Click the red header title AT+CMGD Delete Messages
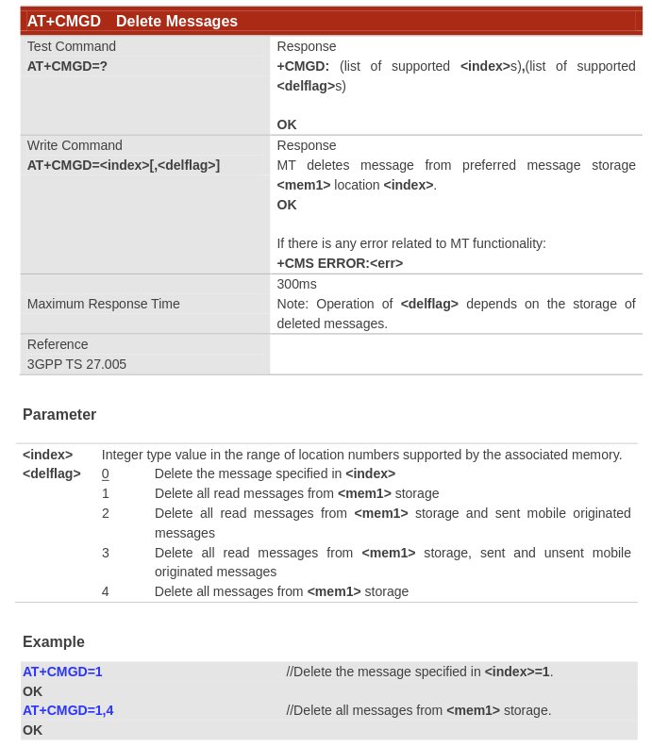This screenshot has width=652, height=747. [x=132, y=21]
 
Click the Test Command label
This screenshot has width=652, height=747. [x=72, y=46]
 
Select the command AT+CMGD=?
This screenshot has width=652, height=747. [x=67, y=66]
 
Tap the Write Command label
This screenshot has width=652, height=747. [x=75, y=145]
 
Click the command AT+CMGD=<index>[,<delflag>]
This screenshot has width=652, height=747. [x=123, y=165]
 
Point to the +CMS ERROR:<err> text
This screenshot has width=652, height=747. [x=340, y=263]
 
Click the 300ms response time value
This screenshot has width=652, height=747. [x=296, y=284]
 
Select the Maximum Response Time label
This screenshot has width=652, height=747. [x=103, y=304]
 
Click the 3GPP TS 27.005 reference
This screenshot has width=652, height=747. [x=76, y=364]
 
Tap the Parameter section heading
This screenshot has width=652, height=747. [x=59, y=414]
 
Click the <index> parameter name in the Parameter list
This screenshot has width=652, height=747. [x=47, y=455]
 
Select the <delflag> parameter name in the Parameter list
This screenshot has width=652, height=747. [x=52, y=473]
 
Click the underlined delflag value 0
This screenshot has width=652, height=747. [x=106, y=473]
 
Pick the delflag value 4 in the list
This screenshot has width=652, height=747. [x=106, y=591]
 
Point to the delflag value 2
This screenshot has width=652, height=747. [x=106, y=513]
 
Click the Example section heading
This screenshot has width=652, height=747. [x=54, y=641]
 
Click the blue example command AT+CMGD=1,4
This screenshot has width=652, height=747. [x=68, y=710]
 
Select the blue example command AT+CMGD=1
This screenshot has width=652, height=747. [x=62, y=672]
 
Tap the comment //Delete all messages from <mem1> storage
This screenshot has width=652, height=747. [x=419, y=710]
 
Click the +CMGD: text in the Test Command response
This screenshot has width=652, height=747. [x=303, y=66]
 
